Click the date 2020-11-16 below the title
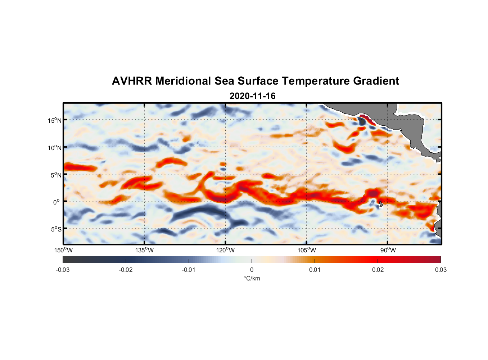(x=252, y=96)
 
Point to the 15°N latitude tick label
(x=55, y=120)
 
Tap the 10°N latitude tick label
(x=55, y=148)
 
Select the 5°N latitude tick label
(x=56, y=175)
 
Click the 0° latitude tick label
(x=56, y=202)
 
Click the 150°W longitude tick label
(x=63, y=250)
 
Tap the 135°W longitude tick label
(x=144, y=250)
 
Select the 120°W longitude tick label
(x=225, y=250)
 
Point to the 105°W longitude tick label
(x=307, y=250)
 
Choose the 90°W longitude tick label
(x=388, y=250)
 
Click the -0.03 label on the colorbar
(x=63, y=270)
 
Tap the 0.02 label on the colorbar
(x=378, y=270)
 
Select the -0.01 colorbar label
(x=189, y=270)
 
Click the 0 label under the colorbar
(x=252, y=270)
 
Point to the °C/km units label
(x=252, y=278)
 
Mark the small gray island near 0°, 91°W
(x=381, y=204)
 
